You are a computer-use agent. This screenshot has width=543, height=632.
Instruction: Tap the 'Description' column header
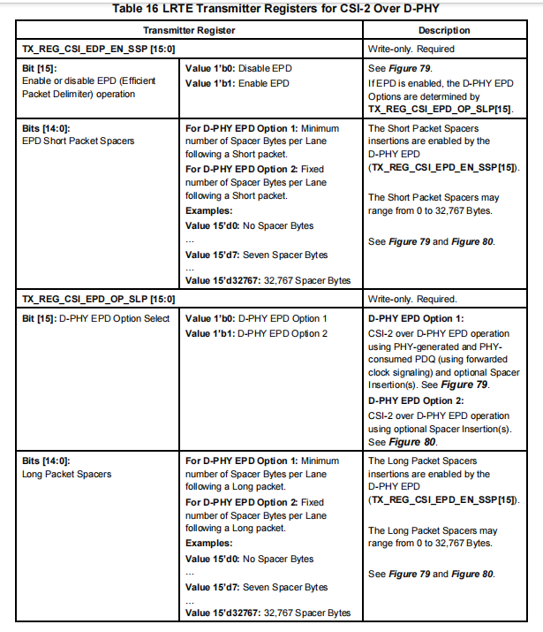(446, 30)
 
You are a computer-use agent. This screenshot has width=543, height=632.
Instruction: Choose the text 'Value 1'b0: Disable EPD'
(238, 66)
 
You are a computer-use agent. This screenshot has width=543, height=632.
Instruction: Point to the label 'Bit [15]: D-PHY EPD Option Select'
(94, 317)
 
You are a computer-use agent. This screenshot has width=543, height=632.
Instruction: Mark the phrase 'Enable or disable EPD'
(64, 80)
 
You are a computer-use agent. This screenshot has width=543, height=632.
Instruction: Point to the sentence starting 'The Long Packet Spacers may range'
(432, 537)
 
